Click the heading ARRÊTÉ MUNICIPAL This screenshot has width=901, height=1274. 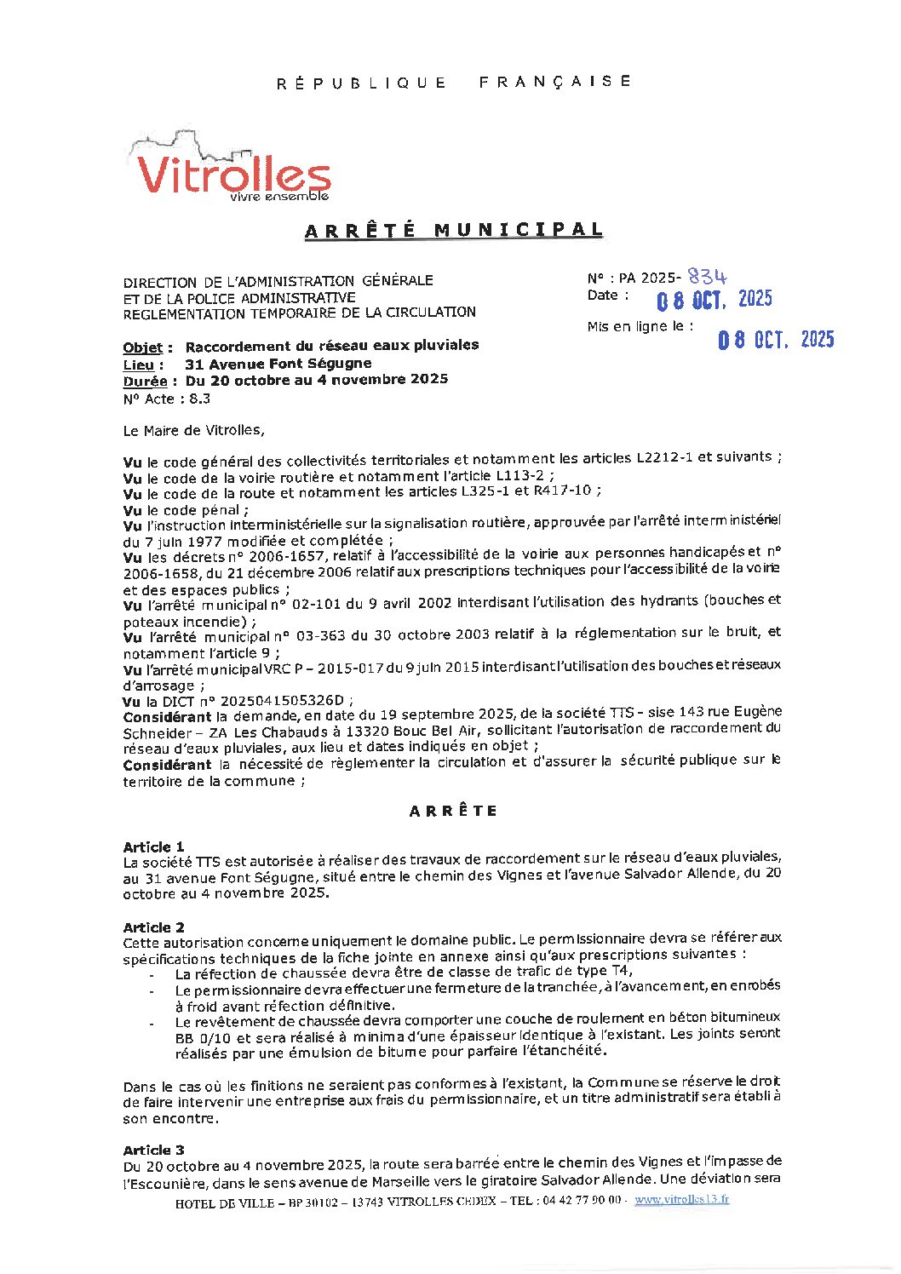pyautogui.click(x=454, y=230)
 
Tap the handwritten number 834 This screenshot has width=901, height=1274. pyautogui.click(x=707, y=277)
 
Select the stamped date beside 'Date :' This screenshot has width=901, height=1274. pyautogui.click(x=714, y=300)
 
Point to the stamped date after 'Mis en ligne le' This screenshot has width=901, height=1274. pyautogui.click(x=775, y=340)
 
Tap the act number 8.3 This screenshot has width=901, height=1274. pyautogui.click(x=199, y=399)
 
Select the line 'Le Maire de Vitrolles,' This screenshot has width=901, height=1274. pyautogui.click(x=193, y=431)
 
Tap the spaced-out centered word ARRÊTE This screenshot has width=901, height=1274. pyautogui.click(x=453, y=811)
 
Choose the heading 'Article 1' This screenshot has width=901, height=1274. pyautogui.click(x=153, y=846)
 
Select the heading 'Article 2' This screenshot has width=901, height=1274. pyautogui.click(x=153, y=927)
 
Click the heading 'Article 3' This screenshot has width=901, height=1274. pyautogui.click(x=153, y=1150)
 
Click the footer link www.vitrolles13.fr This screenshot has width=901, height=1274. pyautogui.click(x=681, y=1200)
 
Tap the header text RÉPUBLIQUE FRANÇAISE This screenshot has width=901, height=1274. pyautogui.click(x=454, y=83)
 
